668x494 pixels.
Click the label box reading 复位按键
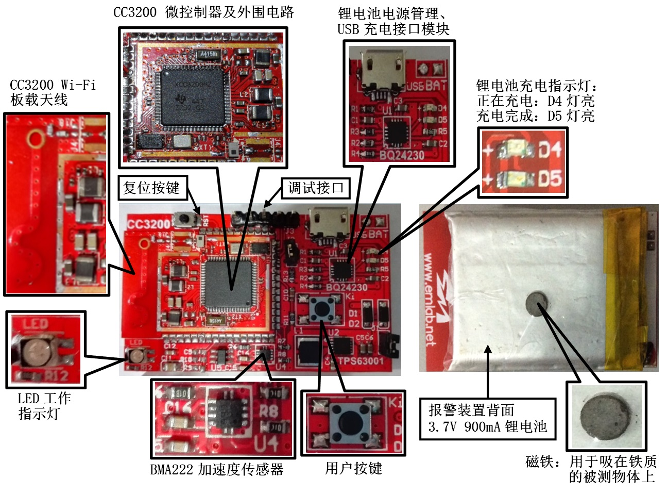tap(152, 188)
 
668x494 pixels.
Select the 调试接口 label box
tap(315, 188)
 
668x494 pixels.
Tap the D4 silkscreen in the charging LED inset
tap(550, 151)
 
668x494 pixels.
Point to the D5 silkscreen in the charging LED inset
tap(550, 179)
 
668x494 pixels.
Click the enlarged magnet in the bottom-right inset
tap(606, 416)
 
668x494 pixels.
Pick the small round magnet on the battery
tap(537, 302)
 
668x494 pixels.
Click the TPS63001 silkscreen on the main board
tap(360, 360)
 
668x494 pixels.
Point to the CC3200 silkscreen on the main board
tap(148, 224)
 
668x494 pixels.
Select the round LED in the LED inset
tap(37, 353)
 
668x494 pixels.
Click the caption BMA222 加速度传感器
tap(217, 469)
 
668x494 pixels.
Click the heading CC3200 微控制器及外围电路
tap(203, 12)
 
